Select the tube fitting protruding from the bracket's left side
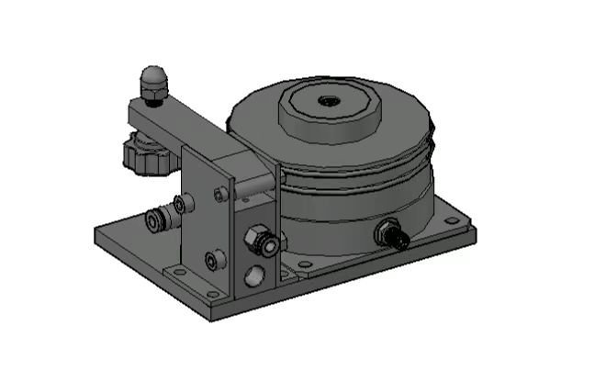[157, 219]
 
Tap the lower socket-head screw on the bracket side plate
[213, 261]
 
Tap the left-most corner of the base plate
[95, 231]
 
